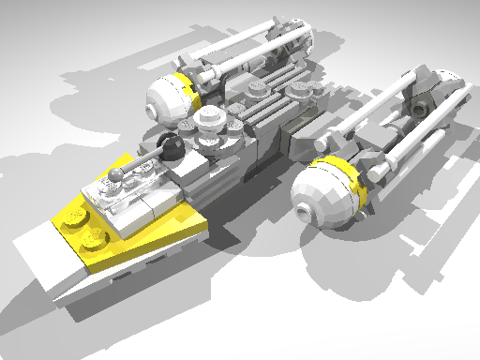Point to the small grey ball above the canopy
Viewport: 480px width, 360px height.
pos(115,174)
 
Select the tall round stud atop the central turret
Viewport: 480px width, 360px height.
pos(212,120)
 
